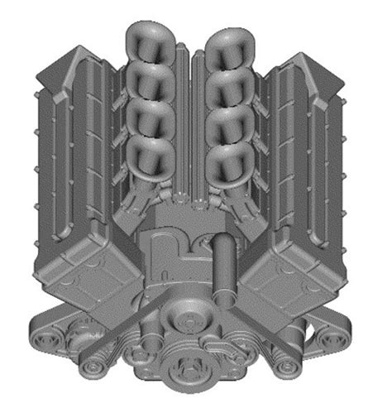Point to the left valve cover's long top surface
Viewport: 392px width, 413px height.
click(70, 149)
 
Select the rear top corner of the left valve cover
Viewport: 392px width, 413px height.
click(79, 50)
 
